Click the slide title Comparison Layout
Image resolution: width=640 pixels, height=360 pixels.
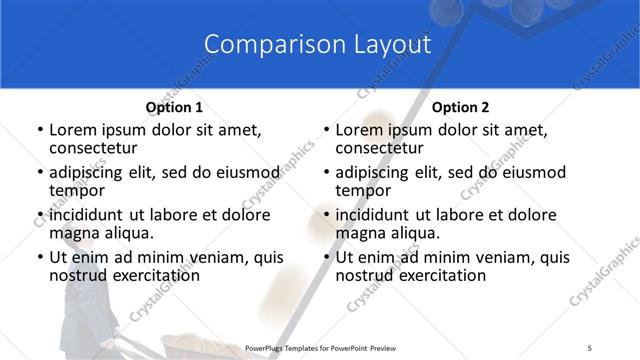pyautogui.click(x=317, y=45)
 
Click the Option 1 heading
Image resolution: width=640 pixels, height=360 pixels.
pyautogui.click(x=174, y=107)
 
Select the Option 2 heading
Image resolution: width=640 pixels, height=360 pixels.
pyautogui.click(x=459, y=107)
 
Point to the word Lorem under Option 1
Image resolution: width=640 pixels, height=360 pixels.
pyautogui.click(x=75, y=130)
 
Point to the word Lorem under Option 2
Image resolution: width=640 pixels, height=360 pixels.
pyautogui.click(x=361, y=130)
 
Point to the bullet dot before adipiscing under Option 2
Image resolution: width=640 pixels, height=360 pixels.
pyautogui.click(x=325, y=173)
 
